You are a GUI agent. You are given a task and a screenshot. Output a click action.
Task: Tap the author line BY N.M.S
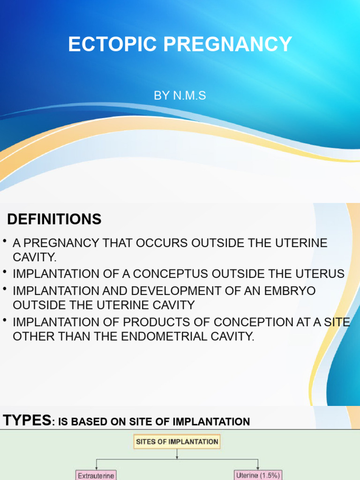(180, 96)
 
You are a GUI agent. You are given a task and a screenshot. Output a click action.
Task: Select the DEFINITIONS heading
(54, 219)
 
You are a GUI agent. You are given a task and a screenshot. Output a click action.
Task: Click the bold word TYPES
(27, 420)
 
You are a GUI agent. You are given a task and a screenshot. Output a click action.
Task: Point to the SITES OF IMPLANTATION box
(177, 442)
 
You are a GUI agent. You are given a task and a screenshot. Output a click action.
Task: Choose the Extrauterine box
(96, 475)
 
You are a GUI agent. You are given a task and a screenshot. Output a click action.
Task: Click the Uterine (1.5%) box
(258, 475)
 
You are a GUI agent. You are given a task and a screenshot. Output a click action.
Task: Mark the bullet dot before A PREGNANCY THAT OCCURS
(4, 241)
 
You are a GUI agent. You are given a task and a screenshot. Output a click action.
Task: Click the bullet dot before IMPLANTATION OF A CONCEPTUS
(4, 271)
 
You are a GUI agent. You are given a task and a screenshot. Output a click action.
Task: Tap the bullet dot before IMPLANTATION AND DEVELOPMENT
(4, 289)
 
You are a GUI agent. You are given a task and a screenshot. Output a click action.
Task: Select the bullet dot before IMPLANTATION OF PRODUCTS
(4, 320)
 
